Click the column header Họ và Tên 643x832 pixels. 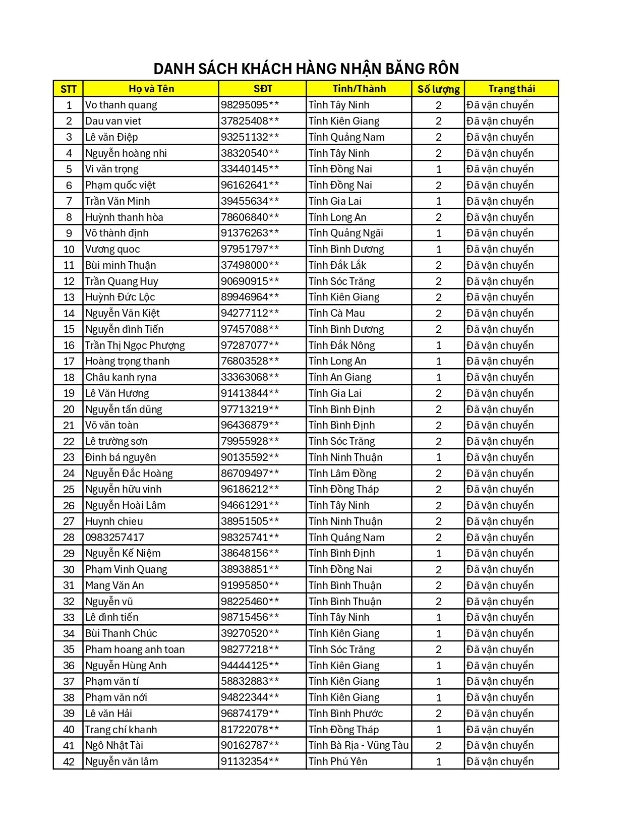[x=151, y=89]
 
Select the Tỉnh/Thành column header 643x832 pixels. [x=359, y=89]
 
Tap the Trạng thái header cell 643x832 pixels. [x=511, y=89]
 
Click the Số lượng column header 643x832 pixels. [x=438, y=89]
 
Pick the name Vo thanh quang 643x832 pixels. [x=121, y=105]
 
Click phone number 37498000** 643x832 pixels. [x=250, y=265]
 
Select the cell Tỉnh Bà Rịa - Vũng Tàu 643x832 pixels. [x=359, y=745]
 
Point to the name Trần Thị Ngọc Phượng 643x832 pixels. [x=135, y=345]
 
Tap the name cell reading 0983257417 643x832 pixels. [x=114, y=538]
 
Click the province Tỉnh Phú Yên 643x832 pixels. [x=338, y=761]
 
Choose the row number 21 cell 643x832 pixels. [x=69, y=426]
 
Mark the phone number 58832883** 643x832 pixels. [x=250, y=681]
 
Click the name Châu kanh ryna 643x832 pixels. [x=121, y=377]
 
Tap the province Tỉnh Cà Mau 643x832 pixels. [x=336, y=313]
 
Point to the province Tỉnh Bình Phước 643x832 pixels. [x=345, y=714]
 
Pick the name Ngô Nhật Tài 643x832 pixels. [x=114, y=745]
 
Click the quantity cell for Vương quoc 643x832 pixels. [x=438, y=249]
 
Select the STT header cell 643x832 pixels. [x=68, y=89]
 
